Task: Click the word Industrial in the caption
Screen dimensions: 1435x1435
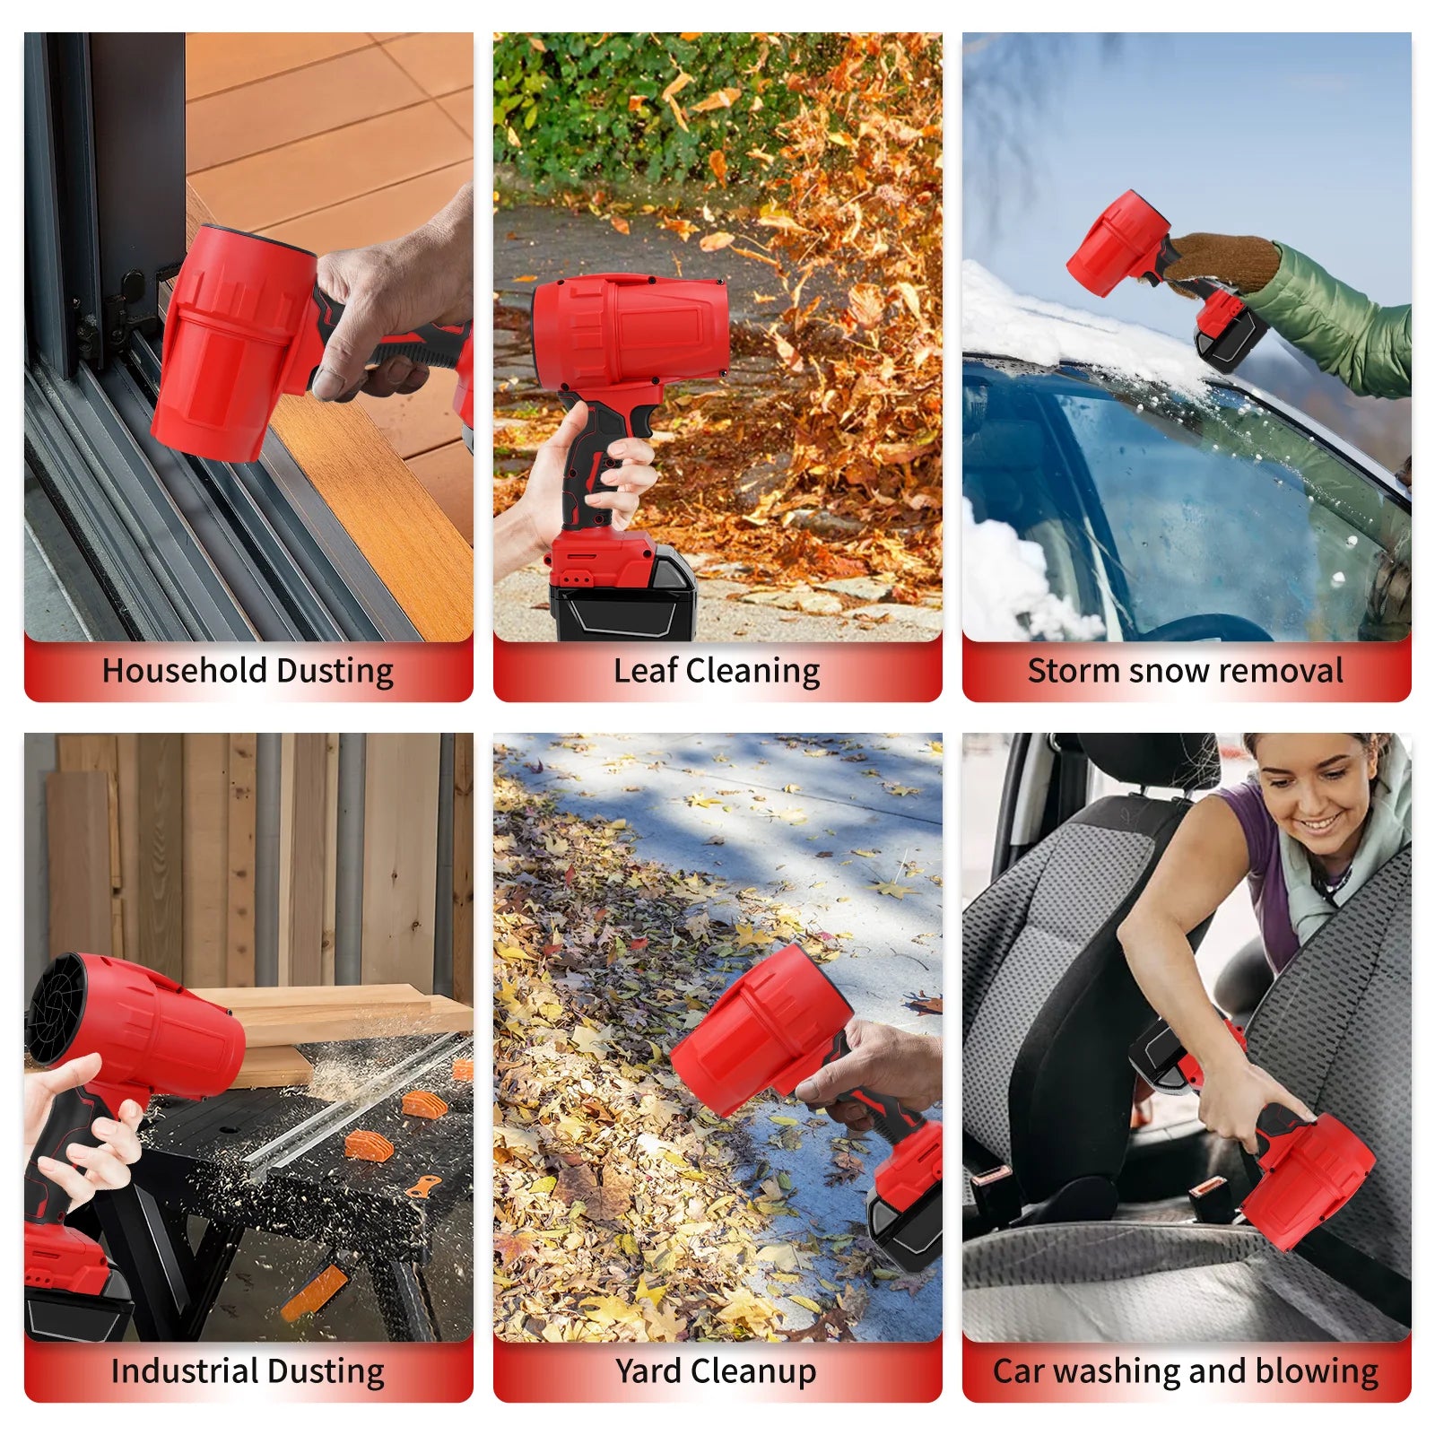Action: (x=184, y=1371)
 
